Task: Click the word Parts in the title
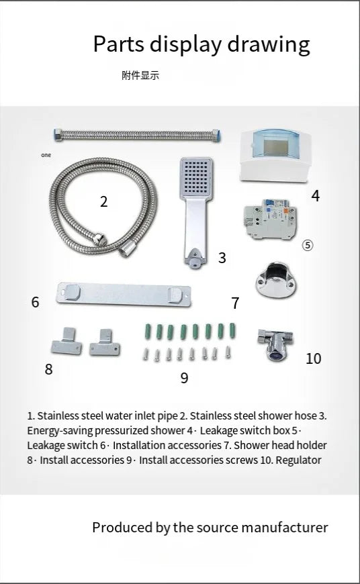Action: pos(118,44)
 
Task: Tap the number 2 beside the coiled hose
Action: pos(103,201)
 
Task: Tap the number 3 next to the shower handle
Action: pos(222,258)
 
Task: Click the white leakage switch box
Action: pos(275,155)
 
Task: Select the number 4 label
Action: pos(315,196)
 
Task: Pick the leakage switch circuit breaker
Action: pos(268,219)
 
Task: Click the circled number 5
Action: pos(308,246)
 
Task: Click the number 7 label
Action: pos(235,303)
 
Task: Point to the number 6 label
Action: pos(36,302)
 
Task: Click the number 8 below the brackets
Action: pos(48,369)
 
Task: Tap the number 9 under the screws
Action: pos(184,379)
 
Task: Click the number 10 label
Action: pos(313,358)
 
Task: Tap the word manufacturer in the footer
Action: pos(284,528)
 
